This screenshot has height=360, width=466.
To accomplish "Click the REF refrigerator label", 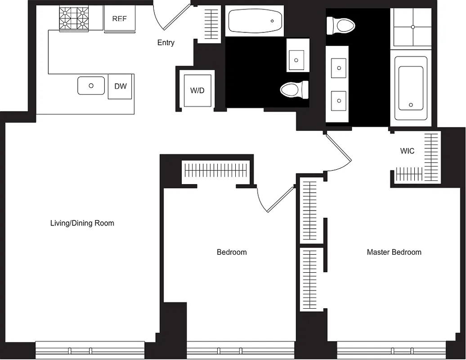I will pyautogui.click(x=119, y=19).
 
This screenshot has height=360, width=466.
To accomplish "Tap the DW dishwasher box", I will pyautogui.click(x=120, y=86).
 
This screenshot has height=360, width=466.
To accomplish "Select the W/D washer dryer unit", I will pyautogui.click(x=197, y=90).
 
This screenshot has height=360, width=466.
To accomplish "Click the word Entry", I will pyautogui.click(x=166, y=43).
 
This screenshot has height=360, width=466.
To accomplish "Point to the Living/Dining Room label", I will pyautogui.click(x=82, y=223).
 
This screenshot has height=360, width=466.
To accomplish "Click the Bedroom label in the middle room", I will pyautogui.click(x=232, y=252).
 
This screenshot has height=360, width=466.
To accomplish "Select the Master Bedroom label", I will pyautogui.click(x=394, y=252).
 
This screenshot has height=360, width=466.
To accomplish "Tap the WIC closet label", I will pyautogui.click(x=407, y=151).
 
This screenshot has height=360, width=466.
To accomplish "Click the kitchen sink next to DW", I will pyautogui.click(x=91, y=85).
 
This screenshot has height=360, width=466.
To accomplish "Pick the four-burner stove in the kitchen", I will pyautogui.click(x=74, y=18).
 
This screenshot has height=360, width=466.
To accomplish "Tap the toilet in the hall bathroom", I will pyautogui.click(x=295, y=90).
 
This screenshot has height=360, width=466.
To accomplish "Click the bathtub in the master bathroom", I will pyautogui.click(x=411, y=88).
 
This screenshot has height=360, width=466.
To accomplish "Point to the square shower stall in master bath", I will pyautogui.click(x=412, y=27).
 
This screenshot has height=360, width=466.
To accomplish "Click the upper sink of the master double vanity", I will pyautogui.click(x=338, y=68).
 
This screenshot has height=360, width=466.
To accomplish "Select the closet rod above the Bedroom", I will pyautogui.click(x=216, y=171).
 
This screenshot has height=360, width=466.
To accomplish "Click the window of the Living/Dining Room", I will pyautogui.click(x=90, y=350).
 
